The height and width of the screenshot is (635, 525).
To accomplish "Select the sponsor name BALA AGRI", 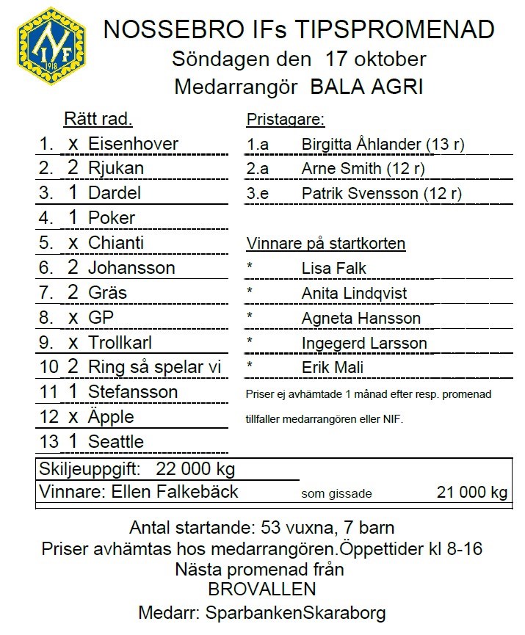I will (367, 87).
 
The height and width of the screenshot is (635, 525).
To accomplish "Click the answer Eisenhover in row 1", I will (133, 143).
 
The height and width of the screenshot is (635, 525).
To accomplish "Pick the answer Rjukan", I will (115, 168).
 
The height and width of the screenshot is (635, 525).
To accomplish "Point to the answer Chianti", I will (116, 243).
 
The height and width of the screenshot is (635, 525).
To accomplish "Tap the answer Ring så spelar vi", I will (155, 367).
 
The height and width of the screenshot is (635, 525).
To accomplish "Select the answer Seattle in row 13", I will (115, 442).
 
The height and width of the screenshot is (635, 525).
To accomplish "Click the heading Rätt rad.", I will (98, 119).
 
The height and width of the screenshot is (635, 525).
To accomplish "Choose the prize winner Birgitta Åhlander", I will (361, 145).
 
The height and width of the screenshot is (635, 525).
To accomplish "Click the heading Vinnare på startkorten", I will (326, 244).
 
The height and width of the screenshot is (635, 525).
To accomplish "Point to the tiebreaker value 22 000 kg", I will (195, 469).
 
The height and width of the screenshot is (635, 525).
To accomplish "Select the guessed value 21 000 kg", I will (471, 492).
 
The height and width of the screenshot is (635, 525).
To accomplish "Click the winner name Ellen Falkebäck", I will (174, 491).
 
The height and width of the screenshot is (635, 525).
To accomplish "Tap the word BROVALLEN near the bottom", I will (262, 589).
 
